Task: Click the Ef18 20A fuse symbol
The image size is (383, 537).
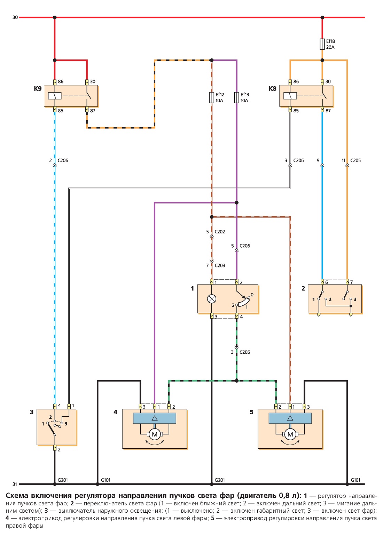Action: (322, 44)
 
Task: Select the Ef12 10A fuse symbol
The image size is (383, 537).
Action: (211, 98)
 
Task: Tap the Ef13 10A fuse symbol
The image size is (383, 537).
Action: (237, 98)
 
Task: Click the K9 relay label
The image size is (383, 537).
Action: (38, 89)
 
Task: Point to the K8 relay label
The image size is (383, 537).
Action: (272, 89)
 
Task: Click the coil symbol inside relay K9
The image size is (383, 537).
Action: (55, 96)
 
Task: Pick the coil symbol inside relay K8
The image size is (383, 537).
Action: (290, 96)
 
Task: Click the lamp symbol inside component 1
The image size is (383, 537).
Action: (211, 299)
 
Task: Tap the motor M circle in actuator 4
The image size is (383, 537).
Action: (155, 434)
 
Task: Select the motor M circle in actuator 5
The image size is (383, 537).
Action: (290, 434)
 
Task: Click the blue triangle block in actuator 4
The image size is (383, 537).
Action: (155, 418)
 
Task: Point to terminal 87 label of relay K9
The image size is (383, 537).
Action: (93, 111)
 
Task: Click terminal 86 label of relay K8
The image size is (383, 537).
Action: (296, 81)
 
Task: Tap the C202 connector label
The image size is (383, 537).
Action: (220, 232)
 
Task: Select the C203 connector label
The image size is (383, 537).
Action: (220, 266)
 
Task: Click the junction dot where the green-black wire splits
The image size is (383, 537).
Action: (237, 381)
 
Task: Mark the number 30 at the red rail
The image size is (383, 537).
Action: (15, 17)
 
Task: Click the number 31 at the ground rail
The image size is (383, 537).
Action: (15, 484)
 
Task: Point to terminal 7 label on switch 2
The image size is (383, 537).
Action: (352, 282)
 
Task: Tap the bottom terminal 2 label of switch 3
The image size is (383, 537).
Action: (59, 450)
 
